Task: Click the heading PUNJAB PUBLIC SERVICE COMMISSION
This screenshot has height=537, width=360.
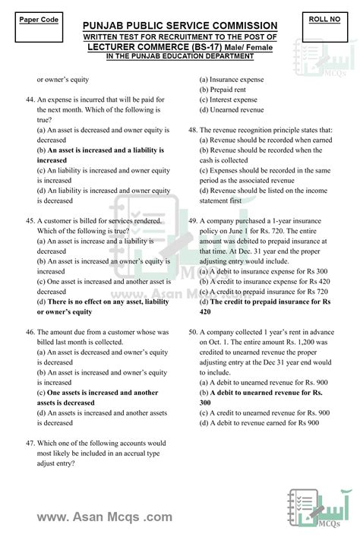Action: [180, 25]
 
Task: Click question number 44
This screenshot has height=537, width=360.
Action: [30, 100]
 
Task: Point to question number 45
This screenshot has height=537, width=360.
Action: [30, 221]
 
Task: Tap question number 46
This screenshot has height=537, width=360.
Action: [30, 332]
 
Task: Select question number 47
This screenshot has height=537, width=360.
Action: [30, 443]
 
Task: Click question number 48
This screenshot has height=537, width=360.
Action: [194, 130]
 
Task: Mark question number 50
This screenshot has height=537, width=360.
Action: [194, 332]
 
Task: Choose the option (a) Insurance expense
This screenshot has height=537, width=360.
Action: [232, 79]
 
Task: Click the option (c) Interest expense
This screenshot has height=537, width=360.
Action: [229, 100]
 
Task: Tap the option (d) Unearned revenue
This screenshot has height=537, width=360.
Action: [232, 109]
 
